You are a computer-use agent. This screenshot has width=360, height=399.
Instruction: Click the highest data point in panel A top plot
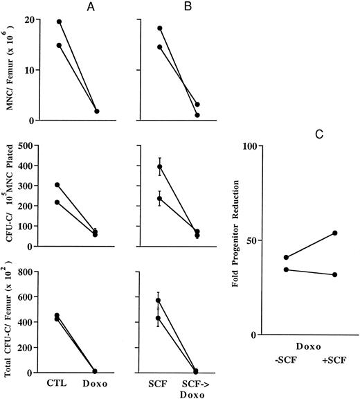(x=59, y=21)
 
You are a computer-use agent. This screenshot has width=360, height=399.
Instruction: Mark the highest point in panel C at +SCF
(x=334, y=233)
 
